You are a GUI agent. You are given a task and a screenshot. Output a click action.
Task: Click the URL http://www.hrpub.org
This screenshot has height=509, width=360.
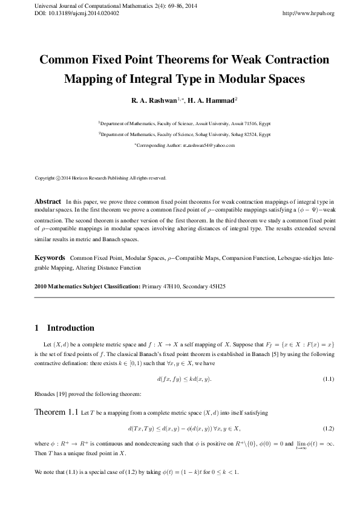click(x=309, y=13)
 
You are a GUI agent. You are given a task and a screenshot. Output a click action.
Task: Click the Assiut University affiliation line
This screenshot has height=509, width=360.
click(x=184, y=122)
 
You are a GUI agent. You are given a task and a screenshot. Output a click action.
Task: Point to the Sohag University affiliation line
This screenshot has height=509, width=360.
click(x=184, y=134)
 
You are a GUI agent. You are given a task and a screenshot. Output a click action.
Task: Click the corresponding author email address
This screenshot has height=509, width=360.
click(x=200, y=146)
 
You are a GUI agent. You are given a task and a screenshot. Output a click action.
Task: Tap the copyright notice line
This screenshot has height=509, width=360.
click(x=100, y=178)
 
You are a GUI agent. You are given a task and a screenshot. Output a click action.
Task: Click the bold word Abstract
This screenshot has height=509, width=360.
click(x=48, y=201)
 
